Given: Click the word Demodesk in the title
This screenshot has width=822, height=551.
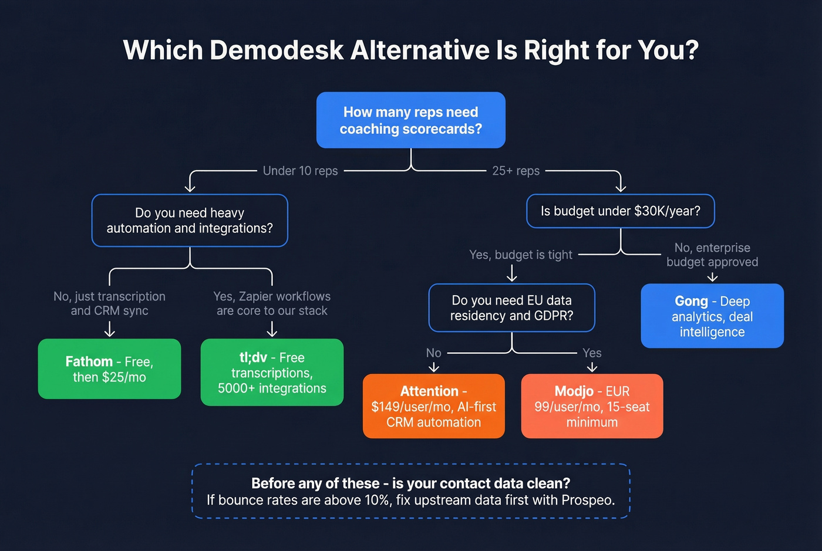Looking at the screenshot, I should pyautogui.click(x=277, y=50).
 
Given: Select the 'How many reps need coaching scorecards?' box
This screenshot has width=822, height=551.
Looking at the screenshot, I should pyautogui.click(x=410, y=120).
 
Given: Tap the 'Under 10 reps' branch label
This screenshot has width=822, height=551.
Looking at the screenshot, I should pyautogui.click(x=300, y=171).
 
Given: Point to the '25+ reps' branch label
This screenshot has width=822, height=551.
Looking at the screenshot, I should pyautogui.click(x=516, y=171).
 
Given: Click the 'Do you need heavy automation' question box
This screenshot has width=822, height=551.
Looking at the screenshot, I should pyautogui.click(x=190, y=221).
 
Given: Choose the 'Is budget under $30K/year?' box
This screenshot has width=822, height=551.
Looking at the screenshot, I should pyautogui.click(x=620, y=211).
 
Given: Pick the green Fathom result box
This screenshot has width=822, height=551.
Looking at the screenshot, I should pyautogui.click(x=109, y=369).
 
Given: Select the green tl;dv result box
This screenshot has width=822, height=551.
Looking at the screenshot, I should pyautogui.click(x=272, y=373).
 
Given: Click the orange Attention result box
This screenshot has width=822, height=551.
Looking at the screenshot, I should pyautogui.click(x=433, y=406).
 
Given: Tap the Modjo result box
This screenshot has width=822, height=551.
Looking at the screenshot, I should pyautogui.click(x=592, y=406).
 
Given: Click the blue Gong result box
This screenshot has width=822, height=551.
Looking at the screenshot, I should pyautogui.click(x=712, y=316).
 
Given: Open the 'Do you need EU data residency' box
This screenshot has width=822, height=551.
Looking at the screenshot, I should pyautogui.click(x=511, y=308).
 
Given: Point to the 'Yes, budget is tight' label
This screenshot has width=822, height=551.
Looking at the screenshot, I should pyautogui.click(x=520, y=255).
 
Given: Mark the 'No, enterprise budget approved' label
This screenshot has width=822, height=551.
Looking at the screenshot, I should pyautogui.click(x=712, y=255).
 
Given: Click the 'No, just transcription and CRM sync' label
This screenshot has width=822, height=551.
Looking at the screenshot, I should pyautogui.click(x=109, y=303).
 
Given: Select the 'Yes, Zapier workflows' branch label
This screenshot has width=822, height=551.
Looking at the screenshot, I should pyautogui.click(x=272, y=303).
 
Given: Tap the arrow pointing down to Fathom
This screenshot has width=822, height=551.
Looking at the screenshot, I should pyautogui.click(x=109, y=330).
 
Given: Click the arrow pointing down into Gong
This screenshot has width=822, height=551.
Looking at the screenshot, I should pyautogui.click(x=712, y=276).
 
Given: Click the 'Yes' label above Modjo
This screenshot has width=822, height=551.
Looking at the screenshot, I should pyautogui.click(x=592, y=353).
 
